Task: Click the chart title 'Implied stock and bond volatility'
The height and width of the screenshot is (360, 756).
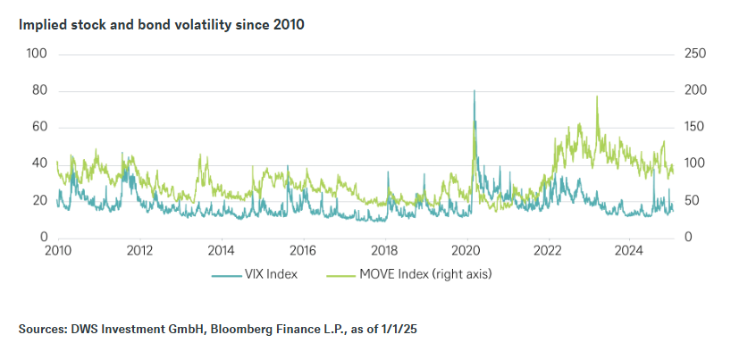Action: pyautogui.click(x=161, y=25)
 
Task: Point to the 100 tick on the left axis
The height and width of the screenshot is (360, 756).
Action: pyautogui.click(x=37, y=54)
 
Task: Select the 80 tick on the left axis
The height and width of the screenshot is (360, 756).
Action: pyautogui.click(x=38, y=91)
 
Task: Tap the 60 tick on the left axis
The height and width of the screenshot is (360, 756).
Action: pyautogui.click(x=38, y=128)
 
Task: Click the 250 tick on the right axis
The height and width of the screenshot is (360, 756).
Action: pyautogui.click(x=694, y=54)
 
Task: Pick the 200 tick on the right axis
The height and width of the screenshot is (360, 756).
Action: pyautogui.click(x=694, y=91)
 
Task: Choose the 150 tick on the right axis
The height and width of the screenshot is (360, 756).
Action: pyautogui.click(x=694, y=128)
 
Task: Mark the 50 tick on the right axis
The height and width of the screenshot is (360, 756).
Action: pyautogui.click(x=692, y=201)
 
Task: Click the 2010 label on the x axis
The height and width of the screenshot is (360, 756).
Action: pyautogui.click(x=56, y=250)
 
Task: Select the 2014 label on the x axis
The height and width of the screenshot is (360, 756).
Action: pyautogui.click(x=221, y=250)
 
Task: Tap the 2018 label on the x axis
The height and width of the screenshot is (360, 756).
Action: pyautogui.click(x=384, y=250)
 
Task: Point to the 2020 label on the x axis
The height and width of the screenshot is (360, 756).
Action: pyautogui.click(x=466, y=250)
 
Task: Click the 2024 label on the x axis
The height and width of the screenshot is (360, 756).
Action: pyautogui.click(x=629, y=250)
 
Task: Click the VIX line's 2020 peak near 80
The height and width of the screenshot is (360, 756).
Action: pyautogui.click(x=474, y=91)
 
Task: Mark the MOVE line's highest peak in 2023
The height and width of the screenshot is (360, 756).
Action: pyautogui.click(x=597, y=96)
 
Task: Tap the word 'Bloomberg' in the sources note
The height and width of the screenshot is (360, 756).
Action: pyautogui.click(x=259, y=330)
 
